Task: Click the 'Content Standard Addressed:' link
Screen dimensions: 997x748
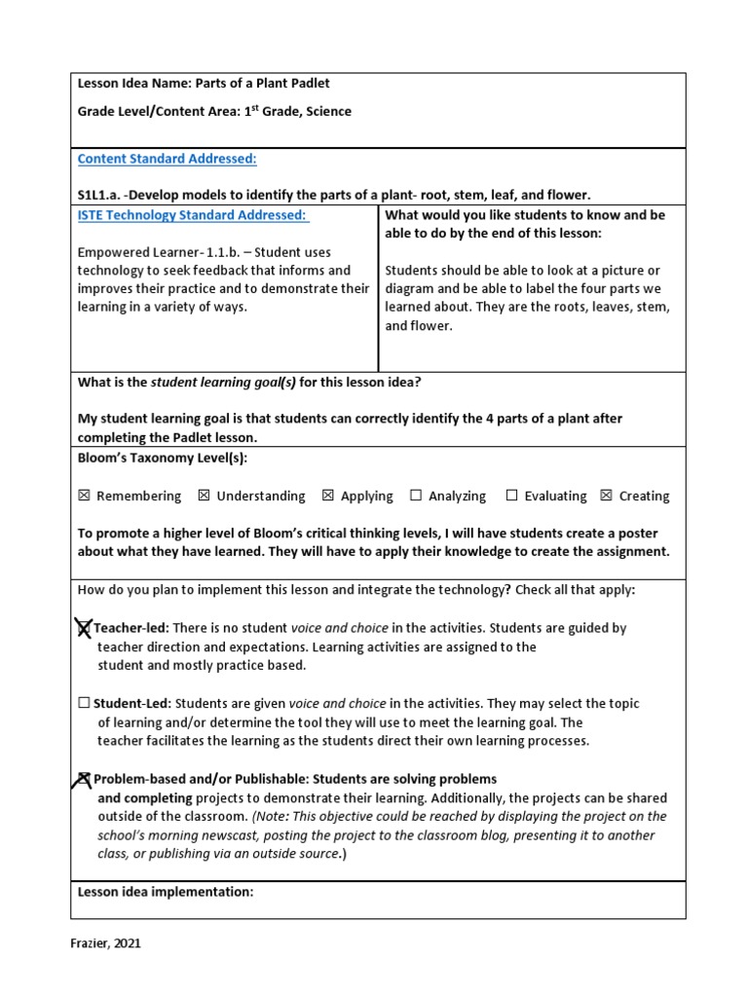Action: pyautogui.click(x=167, y=159)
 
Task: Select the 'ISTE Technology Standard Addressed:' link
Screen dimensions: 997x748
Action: pyautogui.click(x=192, y=214)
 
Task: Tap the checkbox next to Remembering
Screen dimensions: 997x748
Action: pyautogui.click(x=84, y=496)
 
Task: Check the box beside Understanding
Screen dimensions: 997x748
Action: pyautogui.click(x=204, y=496)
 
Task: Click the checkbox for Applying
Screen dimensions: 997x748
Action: pyautogui.click(x=328, y=496)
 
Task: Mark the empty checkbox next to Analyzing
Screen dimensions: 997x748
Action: pyautogui.click(x=416, y=496)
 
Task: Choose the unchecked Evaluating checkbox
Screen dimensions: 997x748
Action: pyautogui.click(x=511, y=496)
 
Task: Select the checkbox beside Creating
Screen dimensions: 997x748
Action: pyautogui.click(x=607, y=496)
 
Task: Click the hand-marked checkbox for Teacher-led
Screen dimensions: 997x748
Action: pyautogui.click(x=84, y=629)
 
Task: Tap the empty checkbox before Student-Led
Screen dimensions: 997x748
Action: pyautogui.click(x=84, y=703)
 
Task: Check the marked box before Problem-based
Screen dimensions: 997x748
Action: pyautogui.click(x=85, y=779)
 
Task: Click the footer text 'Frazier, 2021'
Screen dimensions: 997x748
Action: pyautogui.click(x=111, y=942)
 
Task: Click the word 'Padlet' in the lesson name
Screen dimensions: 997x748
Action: pyautogui.click(x=297, y=84)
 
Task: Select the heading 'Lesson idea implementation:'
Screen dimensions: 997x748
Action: pyautogui.click(x=166, y=891)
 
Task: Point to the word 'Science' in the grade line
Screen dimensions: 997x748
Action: pyautogui.click(x=328, y=112)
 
